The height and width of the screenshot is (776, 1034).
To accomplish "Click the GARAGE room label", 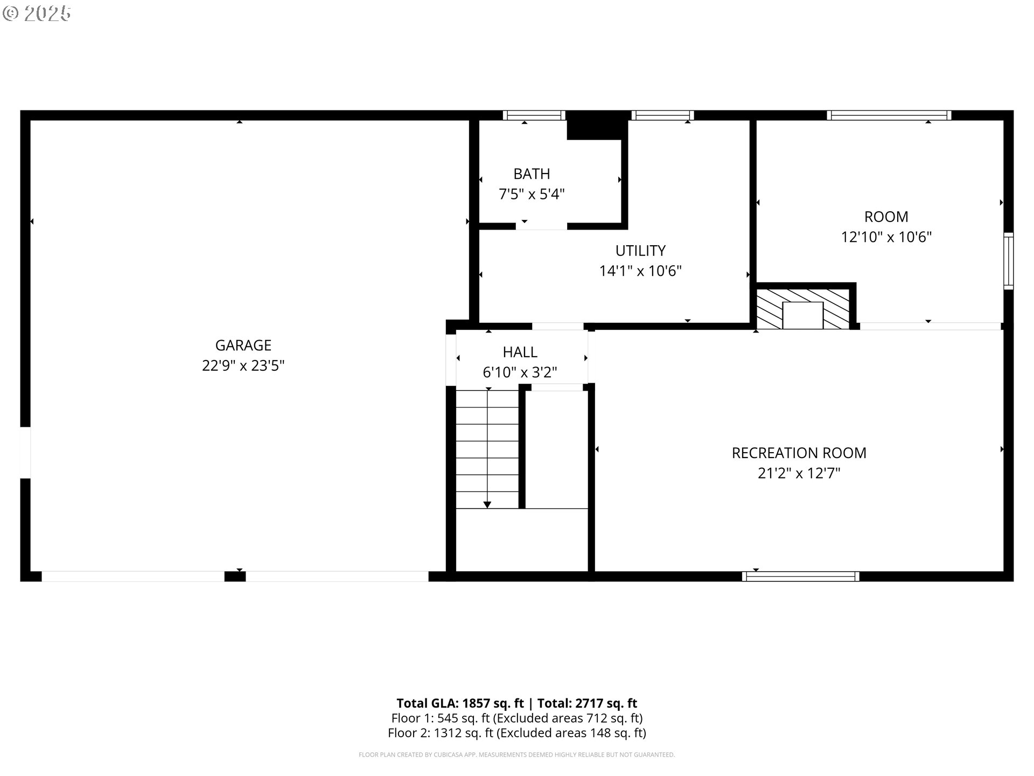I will coord(243,345).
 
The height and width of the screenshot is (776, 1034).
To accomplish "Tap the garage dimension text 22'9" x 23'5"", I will coord(243,366).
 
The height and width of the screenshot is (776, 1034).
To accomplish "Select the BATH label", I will coord(532,174).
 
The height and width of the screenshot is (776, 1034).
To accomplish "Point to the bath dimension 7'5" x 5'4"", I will coord(532,194).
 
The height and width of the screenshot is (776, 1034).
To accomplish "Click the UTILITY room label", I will coord(640,251).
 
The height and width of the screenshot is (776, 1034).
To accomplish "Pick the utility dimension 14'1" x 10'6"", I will coord(640,271).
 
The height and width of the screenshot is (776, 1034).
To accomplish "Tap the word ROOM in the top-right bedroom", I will coord(886,217).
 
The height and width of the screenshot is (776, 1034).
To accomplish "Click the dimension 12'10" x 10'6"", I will coord(886,237).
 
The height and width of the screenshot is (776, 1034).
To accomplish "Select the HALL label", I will coord(520,352).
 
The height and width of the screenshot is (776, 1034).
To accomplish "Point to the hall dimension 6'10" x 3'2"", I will coord(520,372).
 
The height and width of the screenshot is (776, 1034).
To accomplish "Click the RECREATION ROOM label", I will coord(799,453).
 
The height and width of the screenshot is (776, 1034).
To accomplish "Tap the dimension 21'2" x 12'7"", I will coord(799,474).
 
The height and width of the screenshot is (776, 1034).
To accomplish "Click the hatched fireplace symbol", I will coord(802,309).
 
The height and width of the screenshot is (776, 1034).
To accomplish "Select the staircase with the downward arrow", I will coord(487,449).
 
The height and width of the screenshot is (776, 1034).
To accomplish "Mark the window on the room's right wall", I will coord(1008,261).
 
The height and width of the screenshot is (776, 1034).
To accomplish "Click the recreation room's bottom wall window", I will coord(800,576).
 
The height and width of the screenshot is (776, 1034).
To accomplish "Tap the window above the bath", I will coord(534,115).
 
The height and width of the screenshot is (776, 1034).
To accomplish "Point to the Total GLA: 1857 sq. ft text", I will coord(460,703).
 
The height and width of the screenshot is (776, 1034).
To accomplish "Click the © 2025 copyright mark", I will coord(37,13).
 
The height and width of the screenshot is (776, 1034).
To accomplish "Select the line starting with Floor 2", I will coord(516,733).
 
